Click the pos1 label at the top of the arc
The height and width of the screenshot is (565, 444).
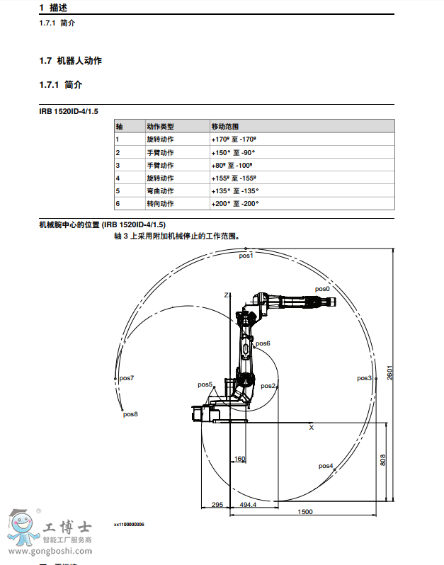click(246, 256)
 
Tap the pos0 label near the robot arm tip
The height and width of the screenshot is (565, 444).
click(322, 289)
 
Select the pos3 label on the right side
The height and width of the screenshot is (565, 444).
click(364, 379)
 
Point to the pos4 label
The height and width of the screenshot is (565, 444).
click(326, 466)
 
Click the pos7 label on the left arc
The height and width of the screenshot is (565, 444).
click(127, 378)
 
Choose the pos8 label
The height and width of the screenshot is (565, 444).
click(130, 414)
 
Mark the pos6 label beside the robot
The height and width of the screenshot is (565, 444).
click(263, 343)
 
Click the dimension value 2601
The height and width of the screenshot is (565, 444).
click(389, 372)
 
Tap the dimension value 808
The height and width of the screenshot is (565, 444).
click(383, 460)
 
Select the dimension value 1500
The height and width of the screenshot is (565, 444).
click(305, 512)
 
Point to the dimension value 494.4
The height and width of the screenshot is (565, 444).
click(248, 505)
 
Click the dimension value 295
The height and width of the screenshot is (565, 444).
click(217, 505)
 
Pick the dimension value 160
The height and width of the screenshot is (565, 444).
click(239, 459)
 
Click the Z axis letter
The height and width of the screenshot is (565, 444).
click(226, 295)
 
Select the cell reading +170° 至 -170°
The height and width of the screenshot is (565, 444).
click(233, 139)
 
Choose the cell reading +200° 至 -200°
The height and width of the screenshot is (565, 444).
click(234, 203)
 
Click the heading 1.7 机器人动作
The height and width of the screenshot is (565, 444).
click(71, 61)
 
